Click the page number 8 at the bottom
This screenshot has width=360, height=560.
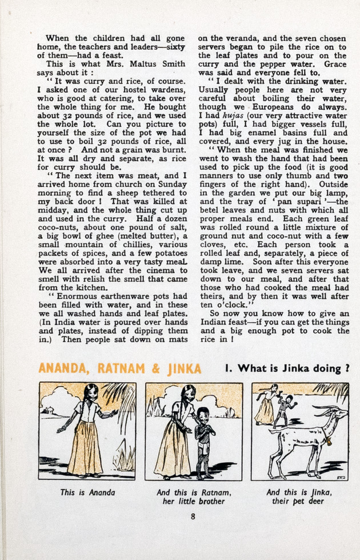(x=193, y=518)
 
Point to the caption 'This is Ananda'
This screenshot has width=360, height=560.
(x=87, y=493)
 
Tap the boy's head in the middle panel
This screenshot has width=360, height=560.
(x=202, y=414)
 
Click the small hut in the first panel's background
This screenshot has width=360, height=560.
(x=48, y=410)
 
